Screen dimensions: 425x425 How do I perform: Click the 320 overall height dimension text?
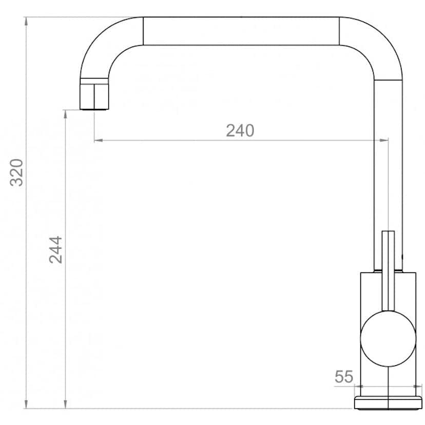(x=17, y=172)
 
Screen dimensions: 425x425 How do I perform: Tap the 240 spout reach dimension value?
(x=240, y=131)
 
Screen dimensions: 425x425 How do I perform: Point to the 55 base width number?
(x=344, y=377)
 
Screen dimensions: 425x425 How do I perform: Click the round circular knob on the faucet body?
(x=388, y=338)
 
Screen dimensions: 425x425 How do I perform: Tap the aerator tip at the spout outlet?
(x=95, y=96)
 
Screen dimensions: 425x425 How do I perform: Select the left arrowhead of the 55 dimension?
(x=359, y=387)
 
